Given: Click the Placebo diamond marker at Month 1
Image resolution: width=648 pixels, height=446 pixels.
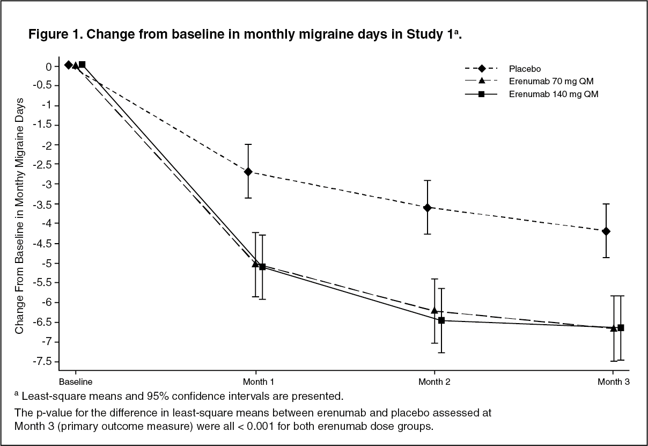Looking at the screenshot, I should (248, 172).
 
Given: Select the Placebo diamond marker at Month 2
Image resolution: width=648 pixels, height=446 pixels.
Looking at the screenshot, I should (428, 208).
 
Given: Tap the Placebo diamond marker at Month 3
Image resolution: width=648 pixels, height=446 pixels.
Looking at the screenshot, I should (606, 231).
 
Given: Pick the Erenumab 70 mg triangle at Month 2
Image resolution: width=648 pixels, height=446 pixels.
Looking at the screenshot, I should (435, 311).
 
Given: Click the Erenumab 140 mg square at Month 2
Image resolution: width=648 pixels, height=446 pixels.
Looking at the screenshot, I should (441, 320).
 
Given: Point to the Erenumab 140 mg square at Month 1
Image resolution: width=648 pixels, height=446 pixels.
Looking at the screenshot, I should (262, 267).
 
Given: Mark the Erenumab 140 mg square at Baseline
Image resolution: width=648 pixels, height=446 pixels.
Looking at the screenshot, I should (82, 64).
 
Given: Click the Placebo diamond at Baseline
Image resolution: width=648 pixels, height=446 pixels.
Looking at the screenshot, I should (68, 64).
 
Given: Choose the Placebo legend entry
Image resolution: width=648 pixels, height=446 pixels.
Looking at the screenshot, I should (525, 69).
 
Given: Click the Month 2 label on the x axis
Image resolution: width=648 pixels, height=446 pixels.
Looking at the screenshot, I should (434, 382).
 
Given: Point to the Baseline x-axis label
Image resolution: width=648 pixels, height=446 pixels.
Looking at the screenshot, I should (76, 382).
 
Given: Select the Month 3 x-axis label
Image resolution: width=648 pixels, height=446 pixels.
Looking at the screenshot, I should (614, 382).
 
